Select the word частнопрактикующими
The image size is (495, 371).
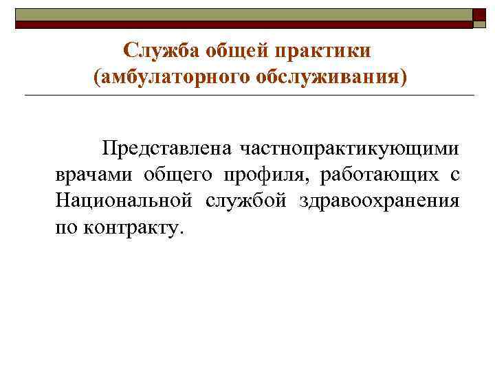tap(349, 149)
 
